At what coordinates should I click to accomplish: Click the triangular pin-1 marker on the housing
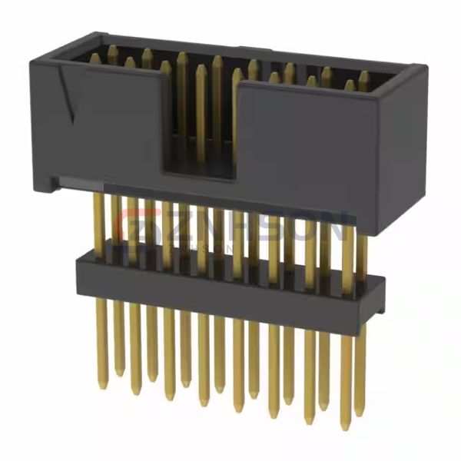[71, 99]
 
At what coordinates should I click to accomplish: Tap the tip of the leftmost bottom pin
[101, 383]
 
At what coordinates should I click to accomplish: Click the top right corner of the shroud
[422, 68]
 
